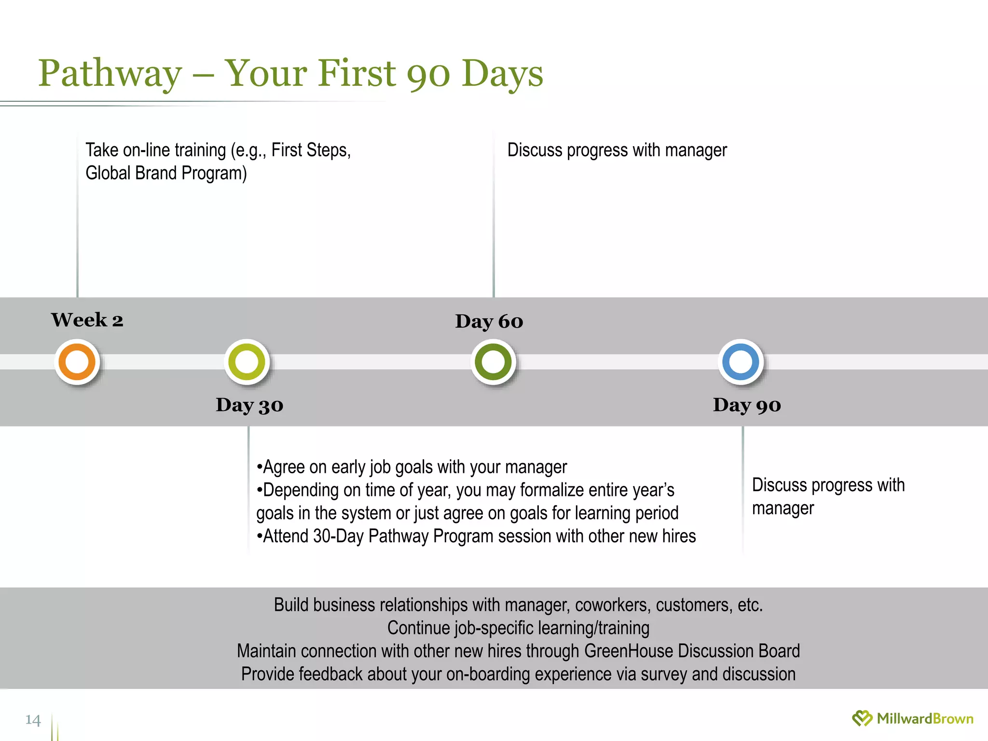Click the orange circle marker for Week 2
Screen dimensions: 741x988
point(77,362)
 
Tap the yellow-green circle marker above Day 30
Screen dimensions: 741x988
point(247,362)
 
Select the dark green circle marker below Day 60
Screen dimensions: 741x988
point(493,362)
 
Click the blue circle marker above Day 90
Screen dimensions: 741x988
point(741,362)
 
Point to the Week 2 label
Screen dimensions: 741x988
point(87,320)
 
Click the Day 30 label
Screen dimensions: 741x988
point(249,405)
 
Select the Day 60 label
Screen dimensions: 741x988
point(489,321)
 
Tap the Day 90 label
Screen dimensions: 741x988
point(747,405)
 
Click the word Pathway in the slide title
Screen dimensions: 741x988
point(110,73)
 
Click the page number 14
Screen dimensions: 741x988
point(33,720)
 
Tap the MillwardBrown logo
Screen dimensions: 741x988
point(913,719)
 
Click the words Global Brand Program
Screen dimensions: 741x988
point(166,173)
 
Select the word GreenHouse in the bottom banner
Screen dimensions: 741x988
point(628,651)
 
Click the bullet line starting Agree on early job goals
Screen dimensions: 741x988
point(412,467)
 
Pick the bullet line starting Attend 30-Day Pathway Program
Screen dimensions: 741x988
point(476,536)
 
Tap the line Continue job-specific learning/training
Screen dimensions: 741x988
point(518,628)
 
